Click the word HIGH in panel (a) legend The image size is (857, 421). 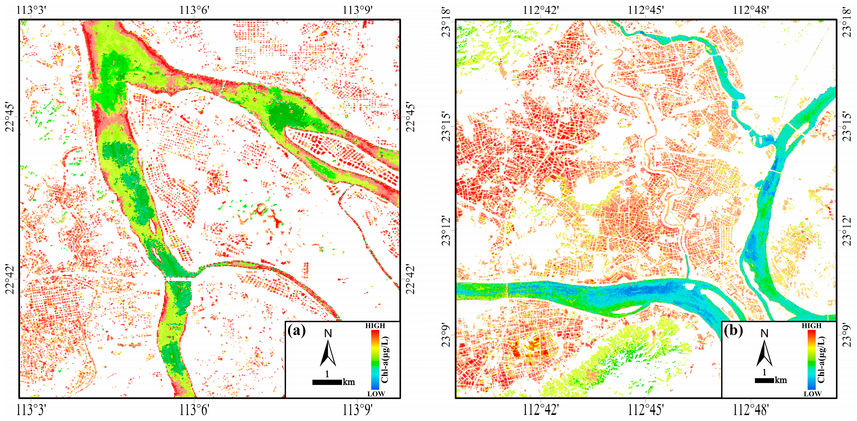[x=375, y=326]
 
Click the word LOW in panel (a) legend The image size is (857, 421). [x=376, y=394]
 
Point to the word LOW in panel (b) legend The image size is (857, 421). [x=812, y=394]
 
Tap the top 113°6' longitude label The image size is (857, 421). [x=194, y=10]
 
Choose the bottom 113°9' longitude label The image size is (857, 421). [x=358, y=410]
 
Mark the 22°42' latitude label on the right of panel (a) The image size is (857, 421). [x=411, y=279]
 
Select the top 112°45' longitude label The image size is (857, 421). [x=645, y=10]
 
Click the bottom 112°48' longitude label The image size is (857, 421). [x=751, y=410]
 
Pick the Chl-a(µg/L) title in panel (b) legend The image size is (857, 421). [x=821, y=360]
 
